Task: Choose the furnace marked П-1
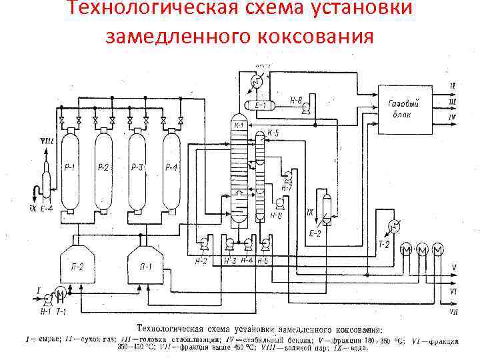(x=145, y=267)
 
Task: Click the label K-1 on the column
(x=239, y=125)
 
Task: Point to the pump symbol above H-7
(x=287, y=177)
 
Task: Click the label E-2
(x=315, y=233)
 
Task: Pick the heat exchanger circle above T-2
(x=394, y=226)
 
